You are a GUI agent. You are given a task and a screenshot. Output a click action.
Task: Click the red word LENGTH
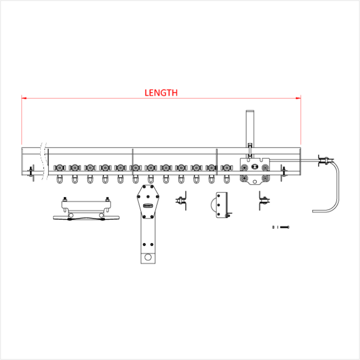161,93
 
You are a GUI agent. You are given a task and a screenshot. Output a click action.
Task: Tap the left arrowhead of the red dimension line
24,97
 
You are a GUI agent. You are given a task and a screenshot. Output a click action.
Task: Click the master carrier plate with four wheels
254,172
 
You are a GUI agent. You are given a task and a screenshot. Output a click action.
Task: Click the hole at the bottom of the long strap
148,257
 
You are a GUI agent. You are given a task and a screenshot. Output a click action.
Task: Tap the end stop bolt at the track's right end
283,171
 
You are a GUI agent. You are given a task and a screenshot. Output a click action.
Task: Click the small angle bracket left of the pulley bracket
181,201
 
